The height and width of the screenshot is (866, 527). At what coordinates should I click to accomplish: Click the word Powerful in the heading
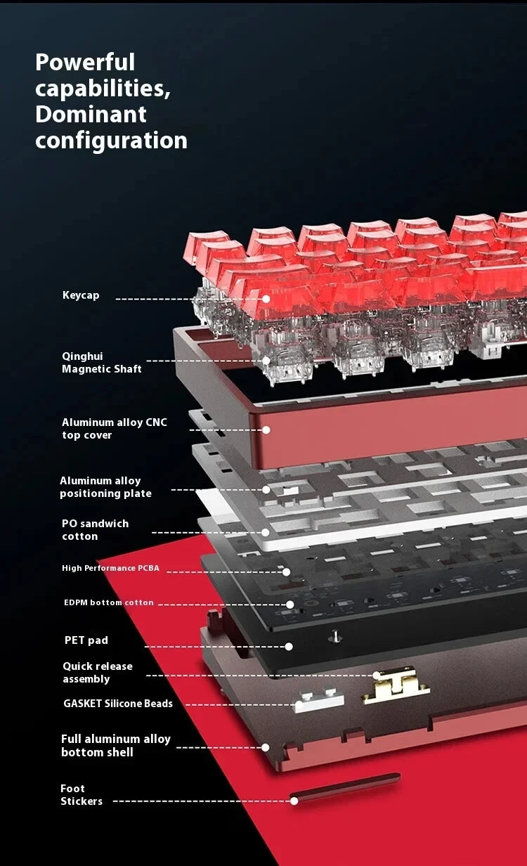pos(85,62)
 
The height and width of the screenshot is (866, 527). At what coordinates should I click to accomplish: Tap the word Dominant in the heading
pos(91,115)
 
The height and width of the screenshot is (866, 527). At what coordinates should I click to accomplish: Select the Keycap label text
pos(81,295)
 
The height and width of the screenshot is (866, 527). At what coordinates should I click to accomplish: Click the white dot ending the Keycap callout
pos(266,299)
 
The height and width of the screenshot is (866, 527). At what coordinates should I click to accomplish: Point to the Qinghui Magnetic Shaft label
pos(102,362)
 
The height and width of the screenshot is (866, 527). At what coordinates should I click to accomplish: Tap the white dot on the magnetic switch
pos(266,361)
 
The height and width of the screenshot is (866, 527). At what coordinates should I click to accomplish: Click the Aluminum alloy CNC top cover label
pos(115,428)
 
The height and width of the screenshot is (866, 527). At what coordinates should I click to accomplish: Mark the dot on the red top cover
pos(266,430)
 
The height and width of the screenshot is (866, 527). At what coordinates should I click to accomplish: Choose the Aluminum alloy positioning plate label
pos(105,486)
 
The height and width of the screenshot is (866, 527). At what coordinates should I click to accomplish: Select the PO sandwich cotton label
pos(95,530)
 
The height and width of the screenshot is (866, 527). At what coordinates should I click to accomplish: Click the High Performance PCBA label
pos(110,568)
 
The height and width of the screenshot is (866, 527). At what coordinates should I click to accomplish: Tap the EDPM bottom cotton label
pos(109,602)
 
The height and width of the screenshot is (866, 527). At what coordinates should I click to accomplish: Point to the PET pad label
pos(86,640)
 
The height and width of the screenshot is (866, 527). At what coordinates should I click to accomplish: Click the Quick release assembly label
pos(98,672)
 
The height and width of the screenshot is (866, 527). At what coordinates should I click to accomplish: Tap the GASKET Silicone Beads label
pos(118,703)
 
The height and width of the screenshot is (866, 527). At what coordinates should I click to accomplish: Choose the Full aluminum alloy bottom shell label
pos(115,745)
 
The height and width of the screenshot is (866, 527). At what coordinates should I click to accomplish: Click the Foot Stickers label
pos(82,794)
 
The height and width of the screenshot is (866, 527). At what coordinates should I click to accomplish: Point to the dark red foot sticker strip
pos(345,787)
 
